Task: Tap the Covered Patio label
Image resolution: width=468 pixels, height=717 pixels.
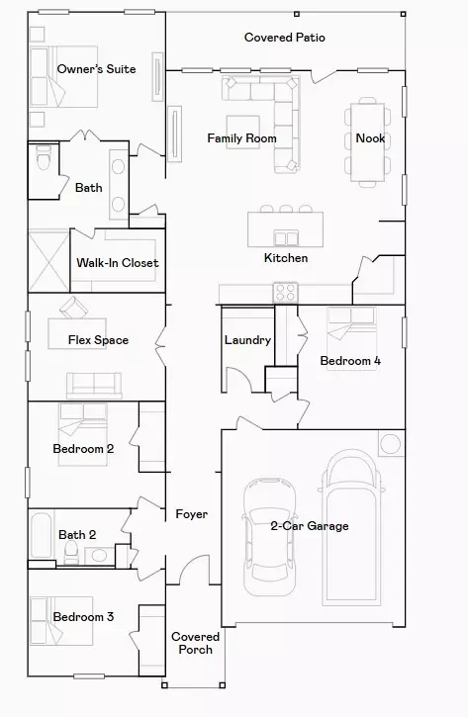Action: click(x=285, y=38)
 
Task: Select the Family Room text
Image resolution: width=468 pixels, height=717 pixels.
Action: click(x=241, y=138)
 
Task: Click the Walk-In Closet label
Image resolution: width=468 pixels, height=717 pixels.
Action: click(x=118, y=263)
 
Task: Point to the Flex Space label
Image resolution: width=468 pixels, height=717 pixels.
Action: click(x=98, y=340)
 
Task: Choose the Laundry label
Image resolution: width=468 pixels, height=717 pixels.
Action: click(x=247, y=340)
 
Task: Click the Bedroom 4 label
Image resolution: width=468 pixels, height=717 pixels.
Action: click(x=350, y=361)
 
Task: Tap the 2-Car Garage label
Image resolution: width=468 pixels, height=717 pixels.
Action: click(x=310, y=526)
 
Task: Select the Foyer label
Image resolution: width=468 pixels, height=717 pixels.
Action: click(x=191, y=514)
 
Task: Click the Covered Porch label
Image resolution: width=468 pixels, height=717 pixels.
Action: click(x=195, y=643)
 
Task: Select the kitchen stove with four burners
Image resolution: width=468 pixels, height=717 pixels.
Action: click(x=286, y=292)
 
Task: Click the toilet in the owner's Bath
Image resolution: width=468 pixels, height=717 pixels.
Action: click(x=43, y=159)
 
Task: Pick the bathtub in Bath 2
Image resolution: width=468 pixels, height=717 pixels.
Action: click(x=40, y=538)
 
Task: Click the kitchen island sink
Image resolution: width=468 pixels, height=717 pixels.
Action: click(x=287, y=237)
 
